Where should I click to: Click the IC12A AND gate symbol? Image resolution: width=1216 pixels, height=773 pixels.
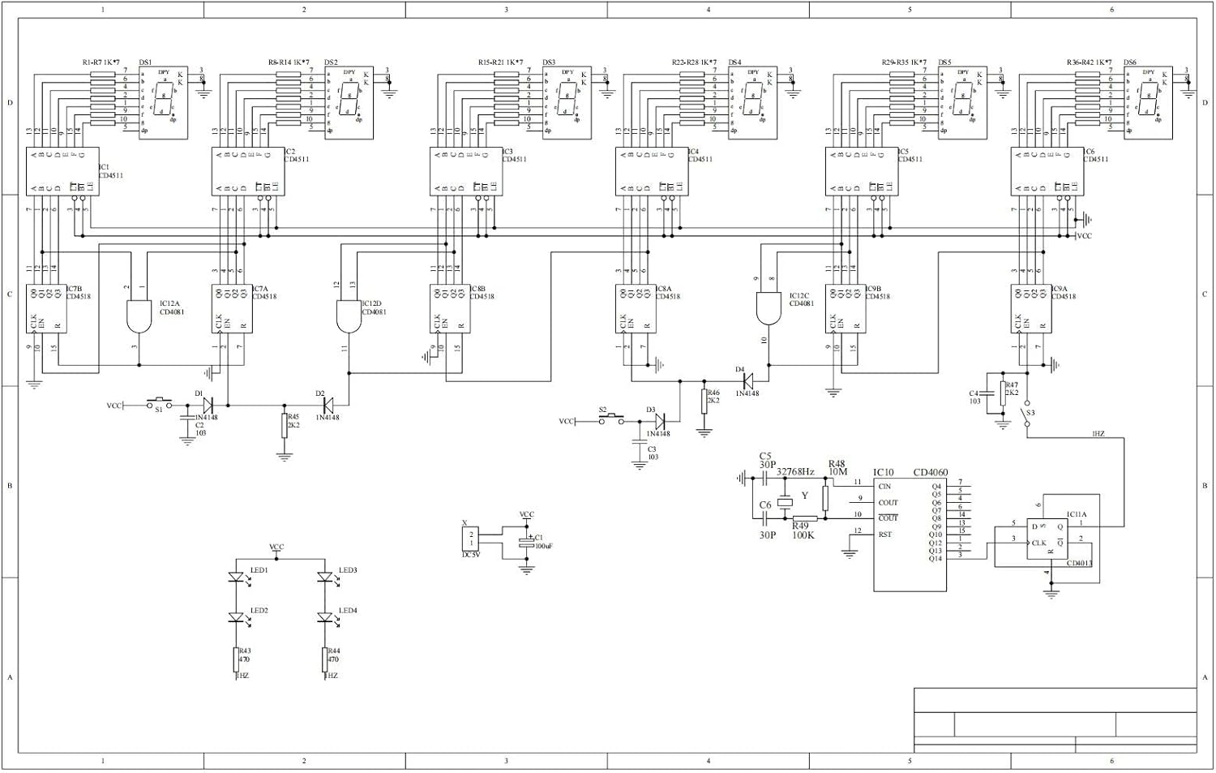(x=139, y=316)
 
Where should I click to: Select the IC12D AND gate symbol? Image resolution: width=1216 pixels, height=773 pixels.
(x=349, y=316)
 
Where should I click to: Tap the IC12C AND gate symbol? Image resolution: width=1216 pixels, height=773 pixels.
(x=768, y=307)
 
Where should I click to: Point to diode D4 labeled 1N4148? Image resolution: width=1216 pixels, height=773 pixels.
(x=747, y=380)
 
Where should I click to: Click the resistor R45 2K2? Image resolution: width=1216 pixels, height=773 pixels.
(x=285, y=425)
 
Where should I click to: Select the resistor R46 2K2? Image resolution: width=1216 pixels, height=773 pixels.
(x=704, y=399)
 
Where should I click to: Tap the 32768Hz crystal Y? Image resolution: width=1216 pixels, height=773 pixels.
(x=784, y=502)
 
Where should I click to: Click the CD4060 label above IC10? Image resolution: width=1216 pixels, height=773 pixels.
(x=930, y=472)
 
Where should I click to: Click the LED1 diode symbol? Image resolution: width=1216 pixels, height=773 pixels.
(x=236, y=578)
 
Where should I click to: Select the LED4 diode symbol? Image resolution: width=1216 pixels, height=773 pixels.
(x=324, y=618)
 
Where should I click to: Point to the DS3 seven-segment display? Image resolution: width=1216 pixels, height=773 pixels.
(x=567, y=103)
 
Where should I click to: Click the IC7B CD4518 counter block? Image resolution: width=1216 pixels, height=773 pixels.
(x=45, y=308)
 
